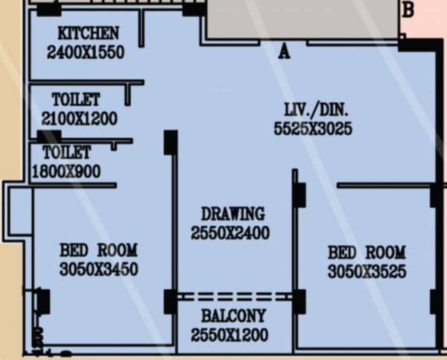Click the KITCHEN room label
(88, 34)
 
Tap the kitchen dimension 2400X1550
(85, 53)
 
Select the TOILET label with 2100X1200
(76, 100)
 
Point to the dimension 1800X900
(66, 171)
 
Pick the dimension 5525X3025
(313, 129)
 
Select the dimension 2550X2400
(229, 233)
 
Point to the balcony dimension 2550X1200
(229, 335)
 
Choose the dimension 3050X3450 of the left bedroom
(98, 270)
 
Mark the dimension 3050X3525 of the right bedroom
(367, 272)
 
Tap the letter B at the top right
(408, 10)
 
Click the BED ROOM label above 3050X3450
(98, 250)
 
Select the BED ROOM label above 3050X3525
(367, 252)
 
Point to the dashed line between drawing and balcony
(234, 296)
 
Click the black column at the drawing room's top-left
(171, 142)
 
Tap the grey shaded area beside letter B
(302, 19)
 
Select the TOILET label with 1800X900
(66, 153)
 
